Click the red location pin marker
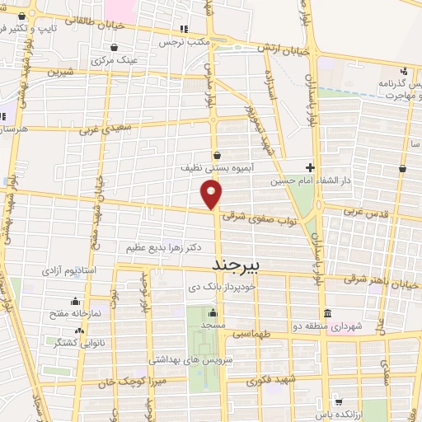pyautogui.click(x=212, y=194)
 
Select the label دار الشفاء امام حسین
pyautogui.click(x=359, y=177)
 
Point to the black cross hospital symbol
pyautogui.click(x=310, y=166)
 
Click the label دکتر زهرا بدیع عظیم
pyautogui.click(x=164, y=247)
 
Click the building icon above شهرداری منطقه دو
pyautogui.click(x=328, y=314)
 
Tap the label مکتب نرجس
pyautogui.click(x=184, y=41)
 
